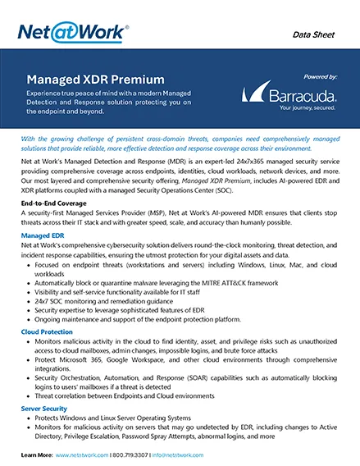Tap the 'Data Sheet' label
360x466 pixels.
pyautogui.click(x=315, y=34)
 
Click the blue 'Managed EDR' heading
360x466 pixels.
pyautogui.click(x=46, y=235)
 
